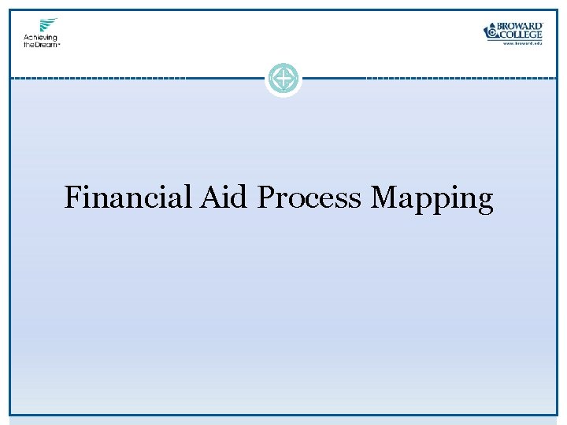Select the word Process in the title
tap(309, 198)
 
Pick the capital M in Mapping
tap(384, 197)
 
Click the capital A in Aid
tap(210, 197)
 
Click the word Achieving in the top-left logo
tap(40, 37)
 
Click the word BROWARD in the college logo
tap(521, 26)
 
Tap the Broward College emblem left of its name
tap(491, 31)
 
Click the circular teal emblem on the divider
tap(283, 79)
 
